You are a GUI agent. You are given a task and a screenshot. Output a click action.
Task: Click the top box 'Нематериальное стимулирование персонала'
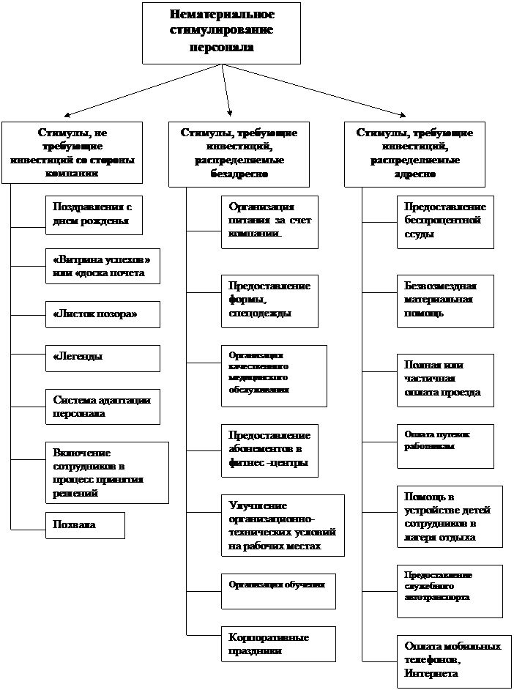[221, 32]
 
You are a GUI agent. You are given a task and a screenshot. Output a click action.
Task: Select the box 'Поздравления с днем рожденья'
[93, 215]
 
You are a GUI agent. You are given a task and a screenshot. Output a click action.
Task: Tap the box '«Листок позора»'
[102, 314]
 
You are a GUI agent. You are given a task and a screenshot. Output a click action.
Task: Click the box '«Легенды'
[102, 357]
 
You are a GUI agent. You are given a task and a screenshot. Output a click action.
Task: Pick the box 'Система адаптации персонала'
[102, 407]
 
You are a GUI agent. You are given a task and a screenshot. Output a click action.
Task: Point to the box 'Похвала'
[85, 525]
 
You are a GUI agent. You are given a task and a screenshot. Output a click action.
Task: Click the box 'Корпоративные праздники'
[278, 645]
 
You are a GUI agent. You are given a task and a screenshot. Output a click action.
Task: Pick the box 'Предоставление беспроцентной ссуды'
[445, 221]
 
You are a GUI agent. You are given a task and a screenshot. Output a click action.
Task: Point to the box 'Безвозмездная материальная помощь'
[445, 300]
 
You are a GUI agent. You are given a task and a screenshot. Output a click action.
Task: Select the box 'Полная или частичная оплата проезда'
[445, 379]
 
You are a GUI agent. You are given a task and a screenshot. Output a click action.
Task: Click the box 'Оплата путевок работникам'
[445, 445]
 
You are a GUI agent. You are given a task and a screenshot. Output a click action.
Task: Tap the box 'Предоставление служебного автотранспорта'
[450, 590]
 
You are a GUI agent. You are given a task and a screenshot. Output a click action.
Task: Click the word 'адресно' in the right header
[414, 174]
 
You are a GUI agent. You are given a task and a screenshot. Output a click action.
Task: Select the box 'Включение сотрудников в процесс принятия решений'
[106, 472]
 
